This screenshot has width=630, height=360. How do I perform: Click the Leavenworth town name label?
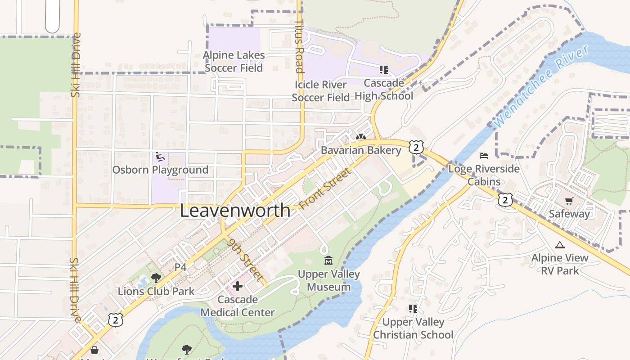coord(235,211)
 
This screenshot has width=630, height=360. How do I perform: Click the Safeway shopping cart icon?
coord(569,201)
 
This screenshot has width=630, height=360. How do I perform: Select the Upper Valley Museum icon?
coord(328,261)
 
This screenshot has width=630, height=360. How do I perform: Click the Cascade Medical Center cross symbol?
coord(238,286)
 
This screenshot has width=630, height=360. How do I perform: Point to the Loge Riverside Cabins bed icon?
coord(484,156)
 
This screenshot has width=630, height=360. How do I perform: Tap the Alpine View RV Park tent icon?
coord(559,245)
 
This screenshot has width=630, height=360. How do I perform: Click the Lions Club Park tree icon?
coord(156,278)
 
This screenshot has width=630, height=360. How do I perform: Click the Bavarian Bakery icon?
coord(360,137)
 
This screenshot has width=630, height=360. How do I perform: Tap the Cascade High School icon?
coord(383,70)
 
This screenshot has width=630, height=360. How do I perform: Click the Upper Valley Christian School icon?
coord(413,309)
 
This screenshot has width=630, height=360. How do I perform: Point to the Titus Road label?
coord(299,46)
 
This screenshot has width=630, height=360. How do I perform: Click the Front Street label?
coord(324,189)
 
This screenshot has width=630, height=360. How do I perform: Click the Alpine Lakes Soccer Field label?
coord(234,62)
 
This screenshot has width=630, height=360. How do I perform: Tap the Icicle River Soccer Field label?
coord(320,91)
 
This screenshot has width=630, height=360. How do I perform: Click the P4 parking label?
coord(180,267)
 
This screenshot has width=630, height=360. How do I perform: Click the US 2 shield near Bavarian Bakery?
coord(416,147)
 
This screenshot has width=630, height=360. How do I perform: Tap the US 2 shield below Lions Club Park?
coord(116,319)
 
